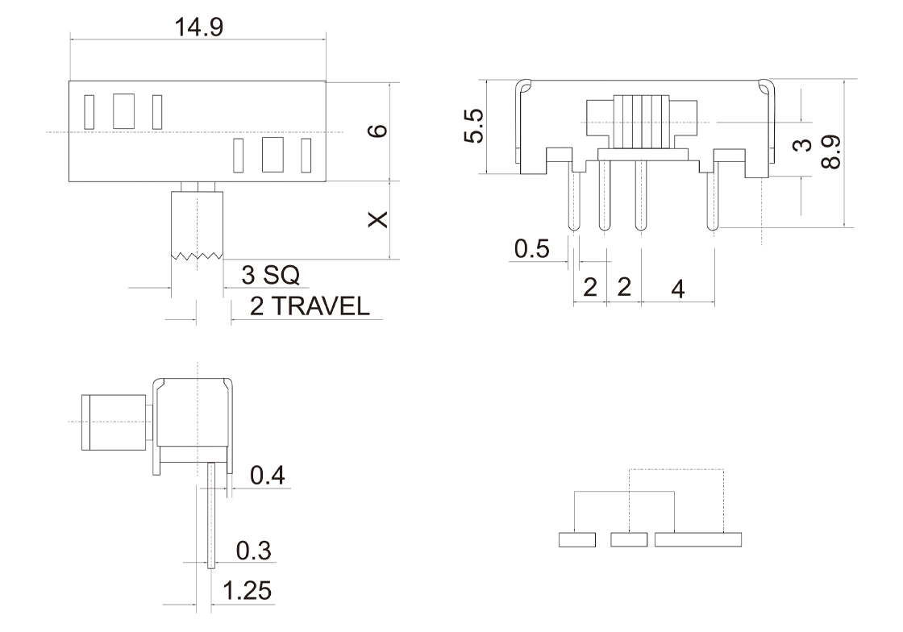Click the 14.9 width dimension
(x=199, y=26)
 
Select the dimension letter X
(x=376, y=220)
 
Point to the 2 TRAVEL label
(x=310, y=306)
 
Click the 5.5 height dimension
(x=473, y=127)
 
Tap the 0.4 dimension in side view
(x=266, y=476)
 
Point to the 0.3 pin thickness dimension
(x=253, y=551)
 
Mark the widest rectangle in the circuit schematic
(x=697, y=539)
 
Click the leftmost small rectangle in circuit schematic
(x=576, y=539)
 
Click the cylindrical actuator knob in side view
(x=113, y=422)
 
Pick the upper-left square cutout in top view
(x=124, y=110)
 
